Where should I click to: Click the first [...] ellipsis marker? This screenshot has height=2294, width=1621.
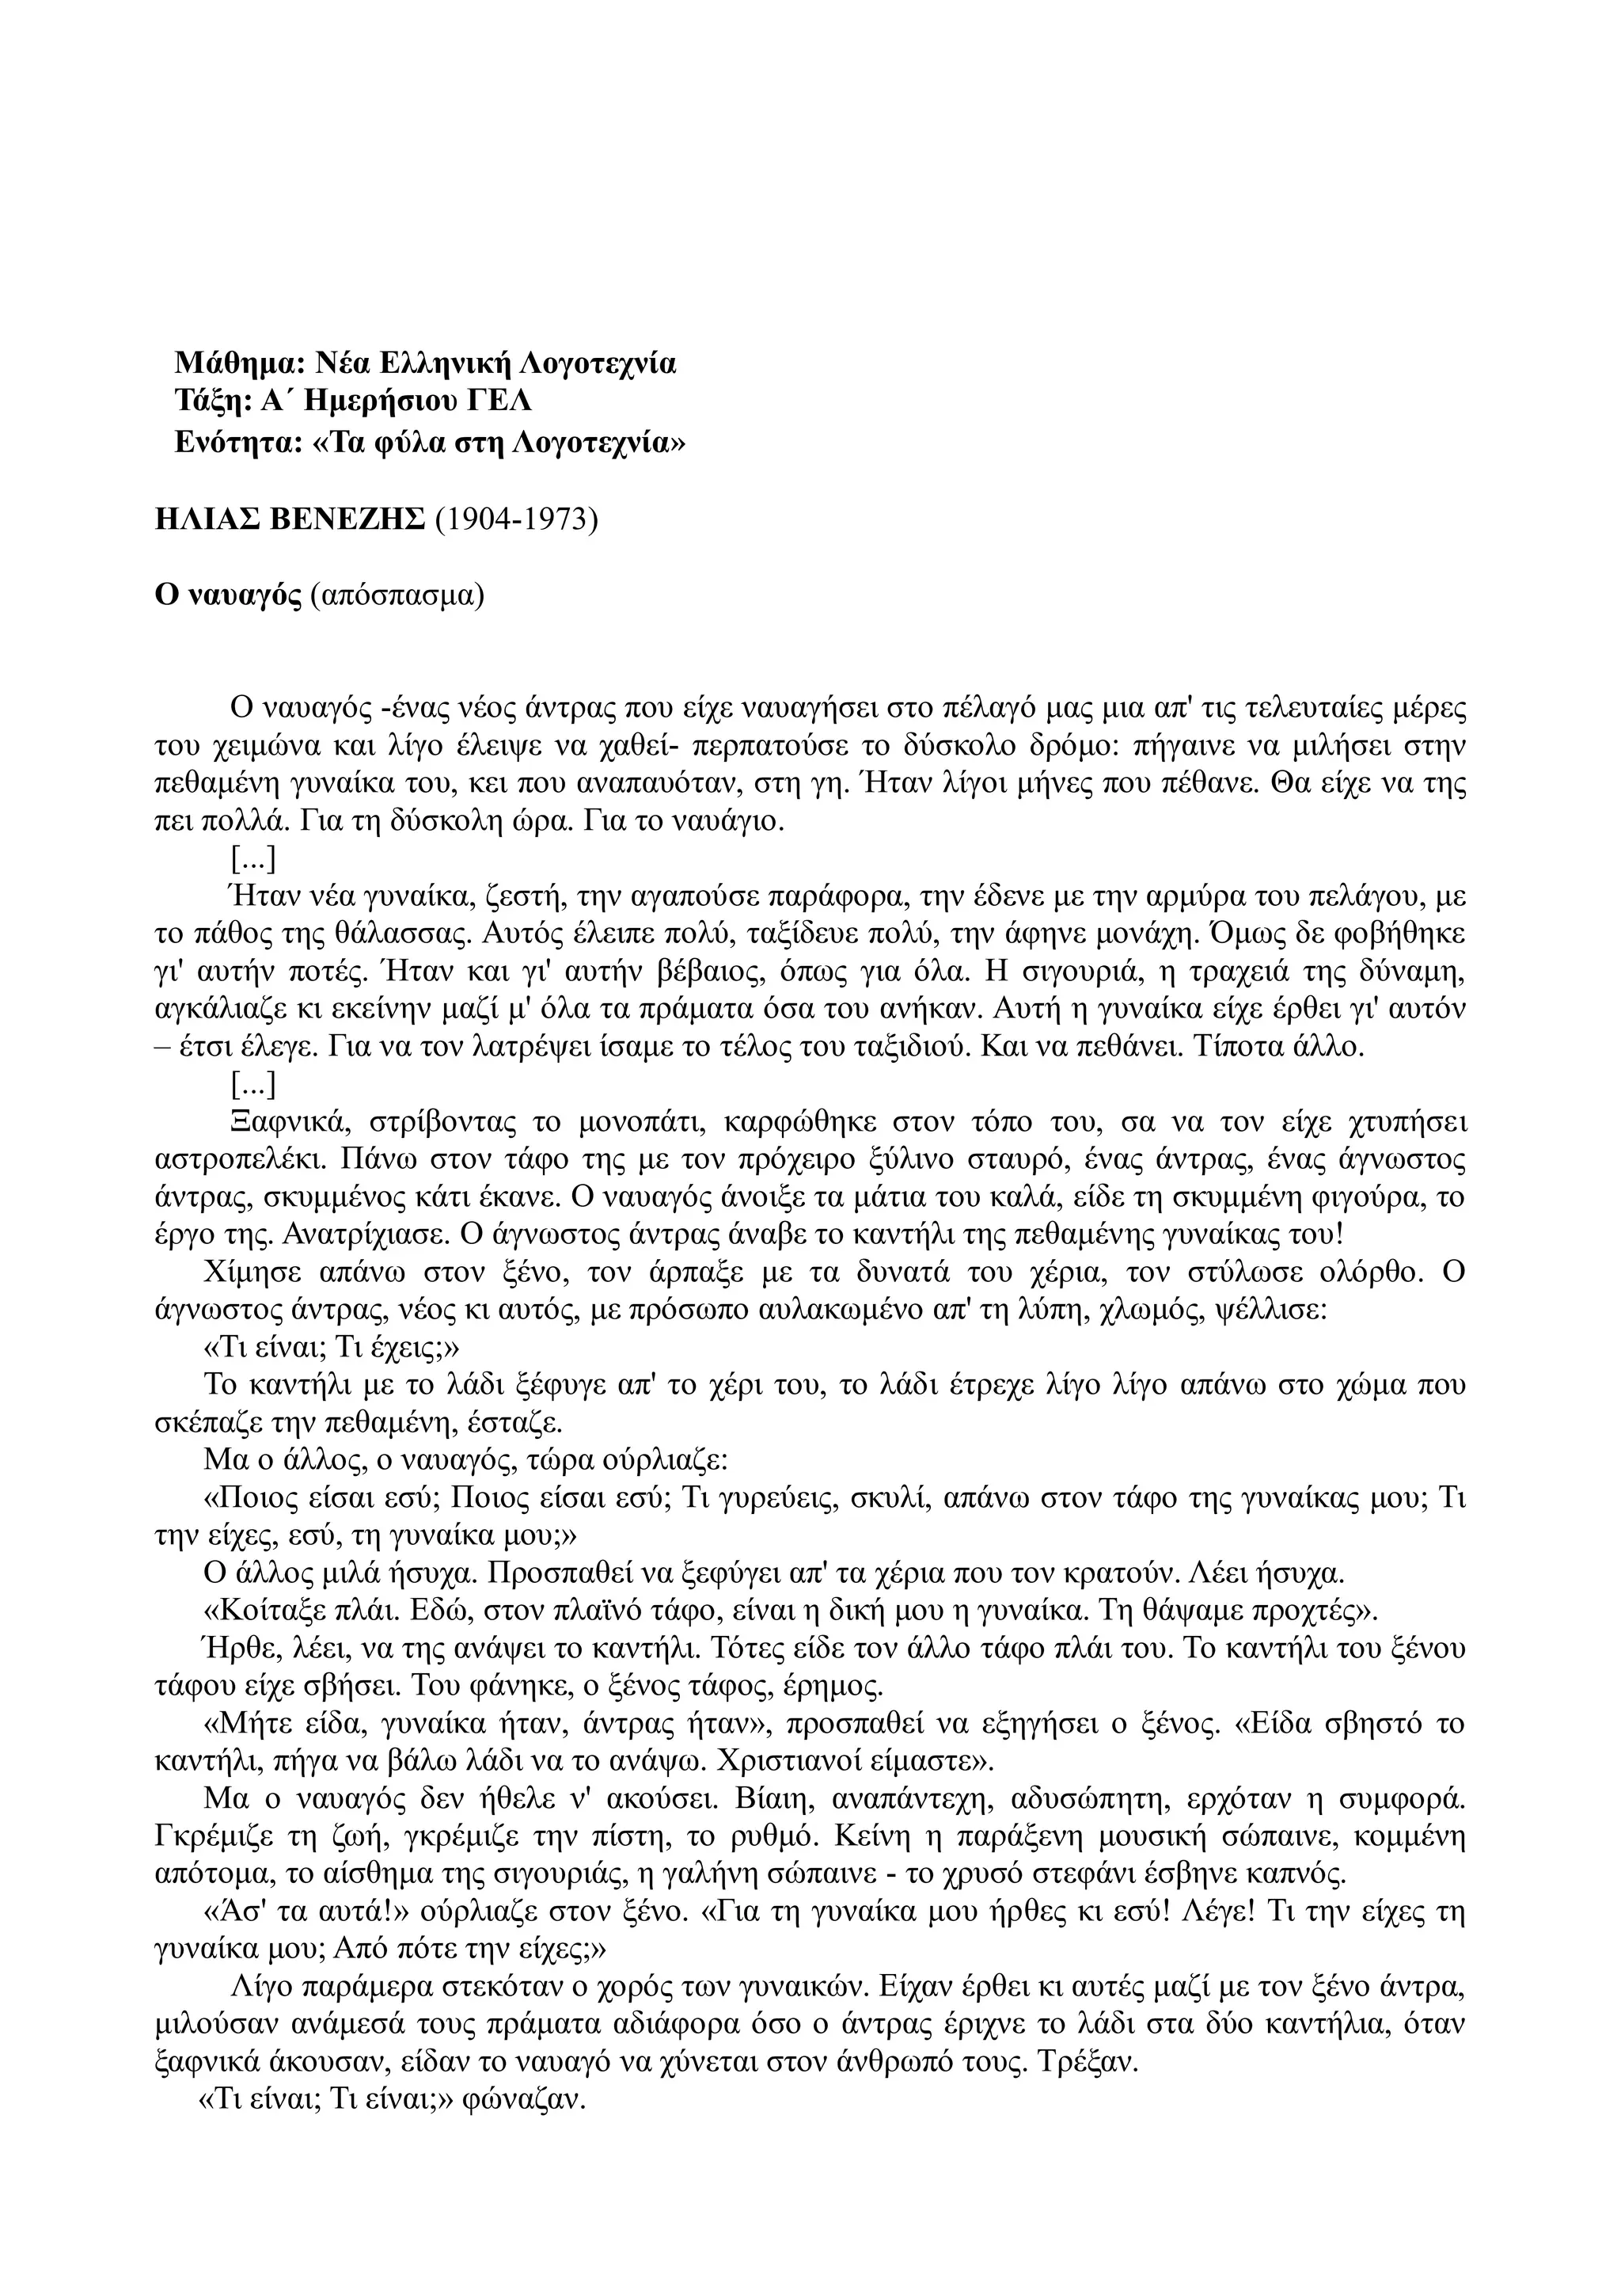pyautogui.click(x=252, y=858)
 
